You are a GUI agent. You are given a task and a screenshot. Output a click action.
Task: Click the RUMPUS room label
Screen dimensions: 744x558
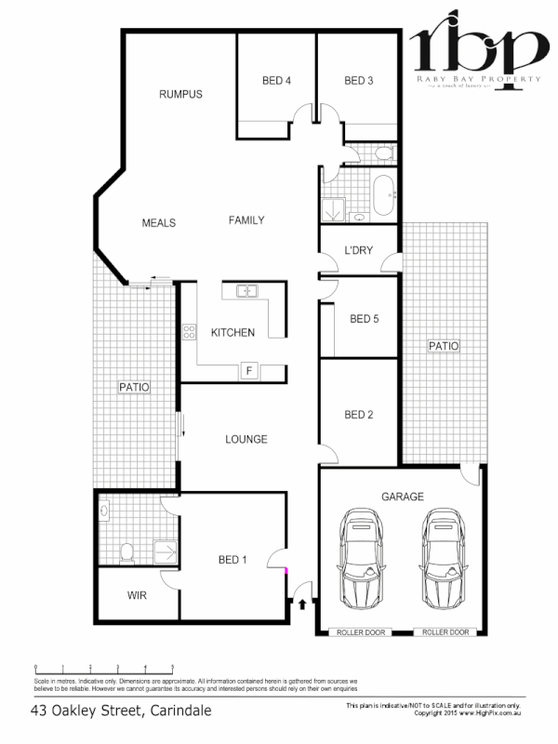point(180,95)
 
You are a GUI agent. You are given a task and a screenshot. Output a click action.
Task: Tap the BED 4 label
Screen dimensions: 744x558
point(277,81)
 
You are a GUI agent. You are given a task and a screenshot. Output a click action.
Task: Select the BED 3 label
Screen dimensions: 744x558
point(358,81)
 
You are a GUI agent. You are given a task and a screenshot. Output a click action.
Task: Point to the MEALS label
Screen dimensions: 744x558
point(159,223)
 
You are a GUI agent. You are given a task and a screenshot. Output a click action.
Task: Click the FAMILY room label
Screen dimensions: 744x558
point(246,220)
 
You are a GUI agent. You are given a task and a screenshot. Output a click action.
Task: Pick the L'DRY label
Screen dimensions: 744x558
point(358,251)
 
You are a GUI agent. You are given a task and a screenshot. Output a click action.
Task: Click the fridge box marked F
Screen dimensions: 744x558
point(248,370)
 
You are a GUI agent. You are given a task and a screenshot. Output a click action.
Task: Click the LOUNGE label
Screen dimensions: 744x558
point(246,439)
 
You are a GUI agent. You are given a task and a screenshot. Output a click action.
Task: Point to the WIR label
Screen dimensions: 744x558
point(138,596)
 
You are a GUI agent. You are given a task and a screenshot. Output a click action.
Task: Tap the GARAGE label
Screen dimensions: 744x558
point(402,497)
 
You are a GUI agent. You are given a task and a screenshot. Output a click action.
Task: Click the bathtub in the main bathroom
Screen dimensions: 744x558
point(383,194)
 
